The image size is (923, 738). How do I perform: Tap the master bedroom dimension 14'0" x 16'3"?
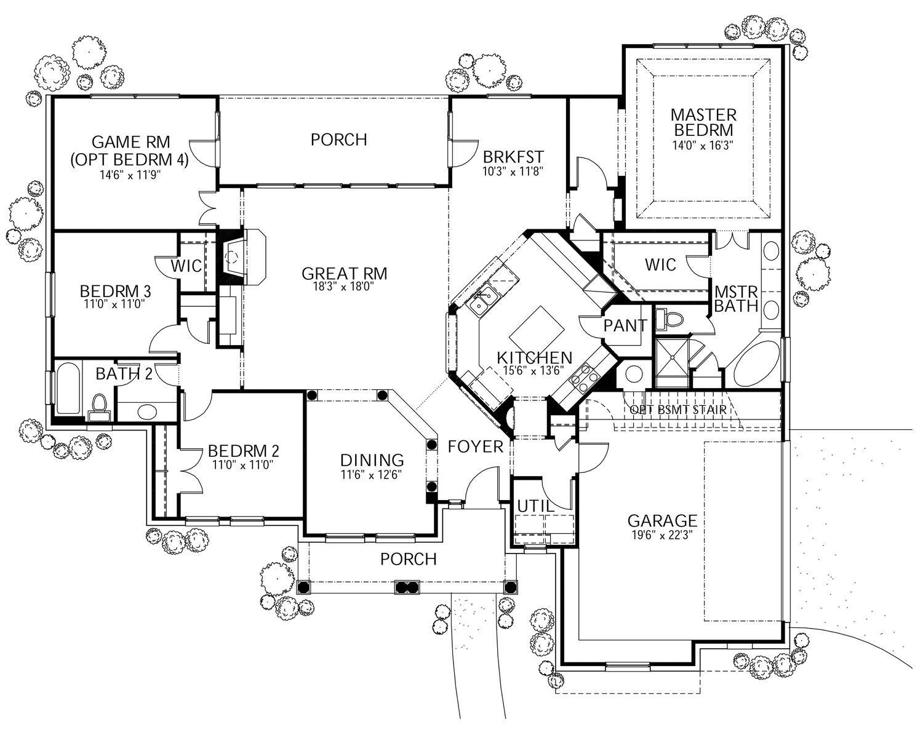click(703, 146)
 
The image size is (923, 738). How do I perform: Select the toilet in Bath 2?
click(99, 404)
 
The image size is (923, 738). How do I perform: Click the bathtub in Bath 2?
click(68, 389)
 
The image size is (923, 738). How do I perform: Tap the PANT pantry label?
click(625, 326)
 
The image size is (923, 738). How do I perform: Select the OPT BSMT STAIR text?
click(677, 410)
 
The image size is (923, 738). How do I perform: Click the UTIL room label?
click(535, 506)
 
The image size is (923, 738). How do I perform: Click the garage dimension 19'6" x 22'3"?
click(661, 535)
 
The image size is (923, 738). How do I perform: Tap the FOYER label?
click(475, 446)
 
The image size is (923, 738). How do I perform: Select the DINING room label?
click(372, 460)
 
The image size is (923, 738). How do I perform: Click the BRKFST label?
click(513, 156)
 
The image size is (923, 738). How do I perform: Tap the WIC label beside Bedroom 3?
click(186, 266)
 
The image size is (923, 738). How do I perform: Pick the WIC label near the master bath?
click(660, 265)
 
